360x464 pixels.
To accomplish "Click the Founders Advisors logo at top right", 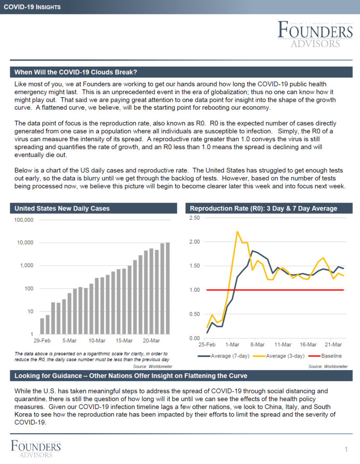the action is click(x=315, y=34).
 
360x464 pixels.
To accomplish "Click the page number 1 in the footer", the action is click(x=346, y=449).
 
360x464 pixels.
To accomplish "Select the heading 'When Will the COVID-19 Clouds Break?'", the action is click(x=76, y=72).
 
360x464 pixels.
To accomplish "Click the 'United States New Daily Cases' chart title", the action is click(x=62, y=208).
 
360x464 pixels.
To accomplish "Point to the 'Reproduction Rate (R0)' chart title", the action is click(x=264, y=208).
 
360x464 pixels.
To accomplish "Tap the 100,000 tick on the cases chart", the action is click(x=24, y=220).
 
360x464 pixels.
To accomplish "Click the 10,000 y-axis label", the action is click(x=25, y=243).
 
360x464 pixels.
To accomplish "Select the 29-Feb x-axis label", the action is click(x=42, y=341).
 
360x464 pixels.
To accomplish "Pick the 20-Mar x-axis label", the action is click(x=151, y=341).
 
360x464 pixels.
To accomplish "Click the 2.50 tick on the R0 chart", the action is click(x=195, y=218).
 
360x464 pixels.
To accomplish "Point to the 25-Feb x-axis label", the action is click(x=207, y=344).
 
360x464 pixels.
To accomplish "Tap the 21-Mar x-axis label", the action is click(x=333, y=344).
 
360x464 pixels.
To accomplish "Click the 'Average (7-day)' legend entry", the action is click(x=224, y=356).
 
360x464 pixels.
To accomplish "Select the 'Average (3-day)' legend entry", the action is click(x=278, y=356).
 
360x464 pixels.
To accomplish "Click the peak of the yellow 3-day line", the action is click(x=237, y=232).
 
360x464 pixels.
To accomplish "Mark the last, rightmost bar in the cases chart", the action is click(x=168, y=289).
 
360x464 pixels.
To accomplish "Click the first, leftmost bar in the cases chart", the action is click(x=42, y=326).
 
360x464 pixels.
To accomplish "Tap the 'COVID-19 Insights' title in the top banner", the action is click(x=32, y=7).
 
